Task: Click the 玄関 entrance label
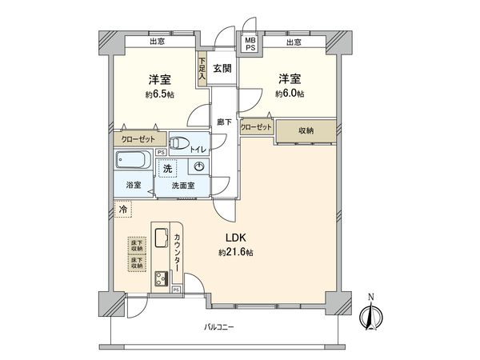point(222,69)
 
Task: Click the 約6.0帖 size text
point(290,94)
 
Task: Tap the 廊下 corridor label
point(224,122)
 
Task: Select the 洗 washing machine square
point(167,169)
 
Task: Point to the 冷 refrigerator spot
point(123,210)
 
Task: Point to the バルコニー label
point(218,326)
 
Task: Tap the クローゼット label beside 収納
point(256,127)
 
